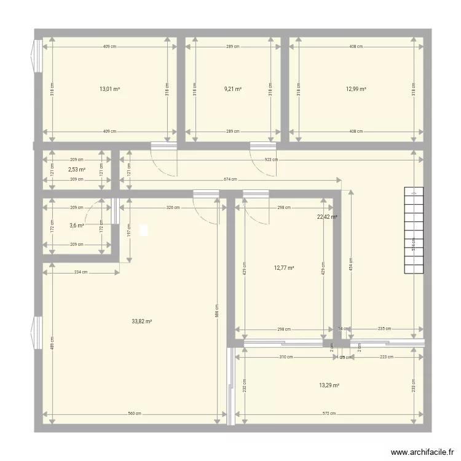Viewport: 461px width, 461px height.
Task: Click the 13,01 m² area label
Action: click(x=109, y=89)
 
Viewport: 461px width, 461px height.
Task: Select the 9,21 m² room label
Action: click(x=233, y=89)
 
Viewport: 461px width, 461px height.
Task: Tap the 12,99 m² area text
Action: click(x=356, y=89)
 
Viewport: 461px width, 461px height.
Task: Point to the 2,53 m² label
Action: click(x=76, y=170)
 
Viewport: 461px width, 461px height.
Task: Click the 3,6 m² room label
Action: click(x=76, y=226)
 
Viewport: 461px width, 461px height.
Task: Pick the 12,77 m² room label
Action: click(x=283, y=268)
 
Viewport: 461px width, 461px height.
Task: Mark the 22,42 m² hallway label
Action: click(x=326, y=217)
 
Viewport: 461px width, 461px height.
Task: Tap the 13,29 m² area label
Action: click(x=329, y=385)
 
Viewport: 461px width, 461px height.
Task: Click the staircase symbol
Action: click(x=414, y=230)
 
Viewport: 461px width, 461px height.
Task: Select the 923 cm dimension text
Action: click(x=271, y=160)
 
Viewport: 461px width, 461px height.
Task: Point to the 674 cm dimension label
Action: click(x=230, y=180)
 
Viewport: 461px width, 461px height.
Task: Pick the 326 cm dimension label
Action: click(x=173, y=208)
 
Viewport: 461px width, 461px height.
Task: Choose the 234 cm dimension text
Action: click(x=80, y=272)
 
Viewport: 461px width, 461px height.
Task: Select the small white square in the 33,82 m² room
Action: click(x=144, y=230)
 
